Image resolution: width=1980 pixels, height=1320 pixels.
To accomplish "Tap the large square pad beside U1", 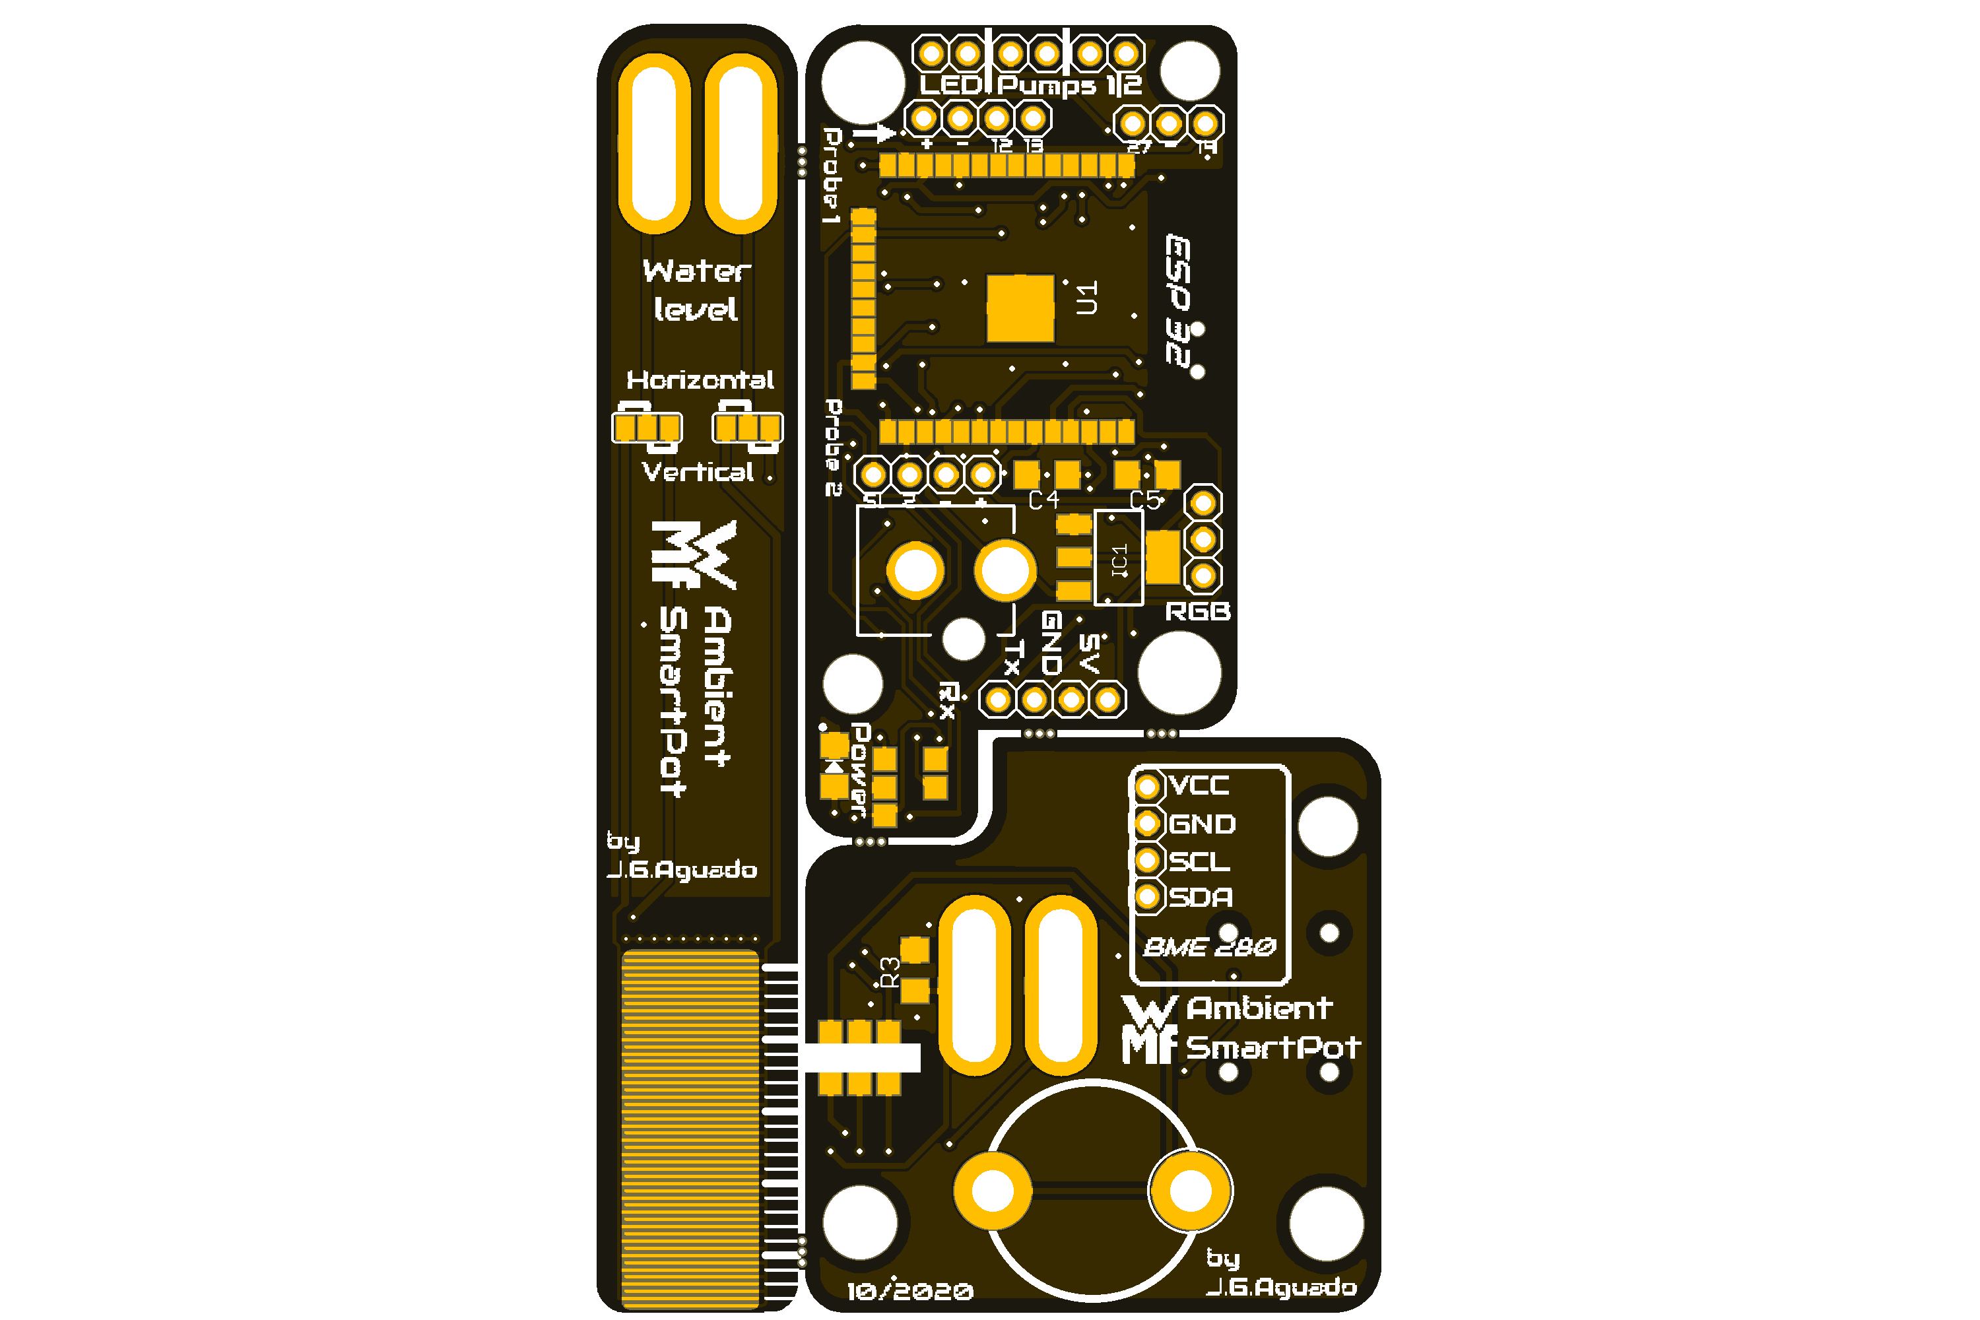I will (x=1020, y=308).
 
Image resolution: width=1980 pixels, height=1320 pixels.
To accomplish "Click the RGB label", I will (x=1197, y=612).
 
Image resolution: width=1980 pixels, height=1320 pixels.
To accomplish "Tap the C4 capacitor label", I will (x=1044, y=501).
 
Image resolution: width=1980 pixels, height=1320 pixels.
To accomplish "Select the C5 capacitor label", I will (x=1145, y=501).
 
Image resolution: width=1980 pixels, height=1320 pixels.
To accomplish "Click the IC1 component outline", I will (x=1118, y=557).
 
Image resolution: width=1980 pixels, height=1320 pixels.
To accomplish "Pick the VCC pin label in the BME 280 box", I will (x=1200, y=786).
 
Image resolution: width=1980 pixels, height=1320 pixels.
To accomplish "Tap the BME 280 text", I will (x=1209, y=948).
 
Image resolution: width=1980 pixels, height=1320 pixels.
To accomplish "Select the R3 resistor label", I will (x=890, y=972).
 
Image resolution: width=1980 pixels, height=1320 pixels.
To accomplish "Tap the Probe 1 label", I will (x=832, y=175).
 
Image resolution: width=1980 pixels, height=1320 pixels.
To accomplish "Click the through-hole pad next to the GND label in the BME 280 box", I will (x=1146, y=823).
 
